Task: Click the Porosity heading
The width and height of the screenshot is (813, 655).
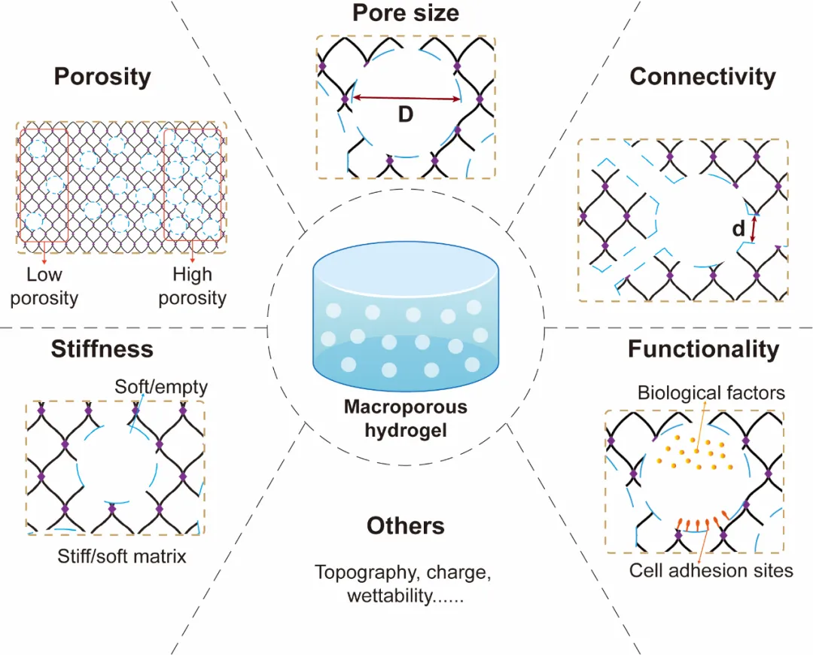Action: (x=102, y=77)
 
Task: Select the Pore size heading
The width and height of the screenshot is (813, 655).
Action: (x=406, y=12)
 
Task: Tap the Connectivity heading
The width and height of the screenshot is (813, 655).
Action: (x=702, y=77)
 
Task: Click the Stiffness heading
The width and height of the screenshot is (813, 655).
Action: (x=102, y=349)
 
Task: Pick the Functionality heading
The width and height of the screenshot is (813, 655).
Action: (x=703, y=349)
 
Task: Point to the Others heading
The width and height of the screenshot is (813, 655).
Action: (x=406, y=526)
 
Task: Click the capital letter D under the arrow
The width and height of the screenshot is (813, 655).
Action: (x=406, y=116)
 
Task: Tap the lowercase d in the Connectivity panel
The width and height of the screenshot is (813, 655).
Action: (x=738, y=228)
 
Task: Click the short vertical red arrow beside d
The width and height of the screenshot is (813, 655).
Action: (x=754, y=227)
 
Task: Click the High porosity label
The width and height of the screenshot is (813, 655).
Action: (x=192, y=286)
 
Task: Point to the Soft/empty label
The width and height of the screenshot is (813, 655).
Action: (x=161, y=388)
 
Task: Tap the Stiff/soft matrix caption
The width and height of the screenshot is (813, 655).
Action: (x=122, y=557)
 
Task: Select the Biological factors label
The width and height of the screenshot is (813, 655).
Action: (x=711, y=392)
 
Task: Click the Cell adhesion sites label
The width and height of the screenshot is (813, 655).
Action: (x=711, y=571)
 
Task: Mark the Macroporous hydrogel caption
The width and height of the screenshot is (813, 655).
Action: (x=406, y=419)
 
